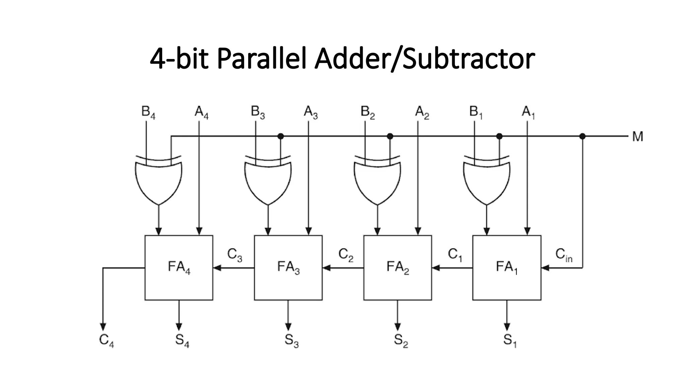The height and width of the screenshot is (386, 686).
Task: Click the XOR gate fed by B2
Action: (378, 181)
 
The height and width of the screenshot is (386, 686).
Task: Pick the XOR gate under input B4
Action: (159, 181)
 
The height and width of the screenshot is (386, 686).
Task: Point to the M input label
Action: (637, 137)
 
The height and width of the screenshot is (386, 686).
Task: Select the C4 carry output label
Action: (107, 340)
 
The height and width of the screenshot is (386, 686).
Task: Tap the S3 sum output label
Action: (291, 340)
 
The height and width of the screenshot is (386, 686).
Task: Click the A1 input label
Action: (528, 112)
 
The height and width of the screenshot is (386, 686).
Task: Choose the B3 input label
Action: (258, 112)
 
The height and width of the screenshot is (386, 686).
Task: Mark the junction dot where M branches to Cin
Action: (582, 136)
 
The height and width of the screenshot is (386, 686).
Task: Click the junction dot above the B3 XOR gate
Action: (281, 136)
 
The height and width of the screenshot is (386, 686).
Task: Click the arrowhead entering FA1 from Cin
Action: (545, 268)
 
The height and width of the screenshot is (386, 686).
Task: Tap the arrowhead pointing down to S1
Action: (507, 327)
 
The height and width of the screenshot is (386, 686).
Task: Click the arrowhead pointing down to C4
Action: (103, 327)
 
